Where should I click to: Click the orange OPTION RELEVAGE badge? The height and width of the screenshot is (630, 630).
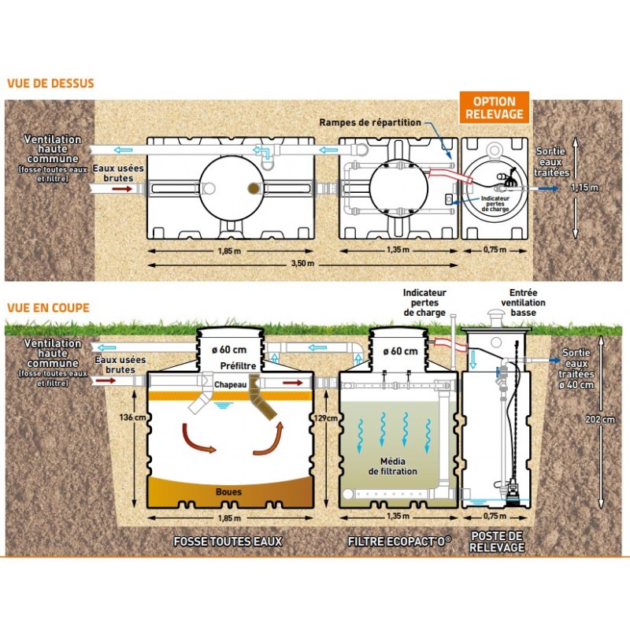point(495,108)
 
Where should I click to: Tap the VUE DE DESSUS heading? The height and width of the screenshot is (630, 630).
point(50,83)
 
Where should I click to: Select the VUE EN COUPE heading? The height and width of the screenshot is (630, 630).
point(47,308)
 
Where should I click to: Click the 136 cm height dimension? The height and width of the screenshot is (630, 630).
point(120,417)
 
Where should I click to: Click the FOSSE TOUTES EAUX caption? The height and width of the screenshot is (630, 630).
point(228,542)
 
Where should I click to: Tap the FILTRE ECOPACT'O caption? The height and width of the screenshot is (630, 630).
point(399,542)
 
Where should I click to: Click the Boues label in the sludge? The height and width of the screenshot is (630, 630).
point(228,492)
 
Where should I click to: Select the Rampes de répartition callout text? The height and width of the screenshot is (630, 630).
point(370,123)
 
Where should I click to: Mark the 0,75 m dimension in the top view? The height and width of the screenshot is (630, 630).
point(494,250)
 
